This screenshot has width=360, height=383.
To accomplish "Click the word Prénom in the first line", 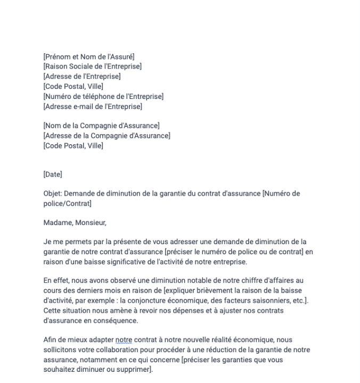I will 58,57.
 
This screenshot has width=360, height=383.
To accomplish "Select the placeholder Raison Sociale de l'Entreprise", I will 93,66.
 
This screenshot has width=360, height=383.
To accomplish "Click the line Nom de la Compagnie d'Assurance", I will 101,126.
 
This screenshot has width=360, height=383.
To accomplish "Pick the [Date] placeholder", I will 53,174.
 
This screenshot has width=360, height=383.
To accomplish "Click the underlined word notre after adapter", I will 124,340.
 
